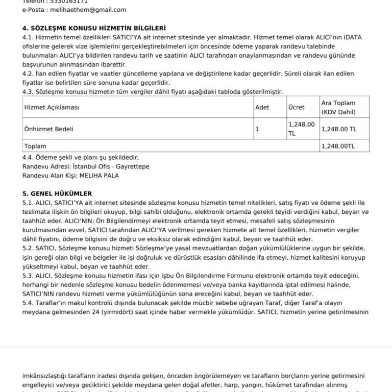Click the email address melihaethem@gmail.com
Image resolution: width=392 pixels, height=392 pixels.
pos(81,10)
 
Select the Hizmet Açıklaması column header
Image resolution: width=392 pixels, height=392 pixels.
pos(52,108)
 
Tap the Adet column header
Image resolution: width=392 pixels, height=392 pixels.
pos(262,108)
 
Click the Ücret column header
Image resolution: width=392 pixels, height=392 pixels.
pos(296,108)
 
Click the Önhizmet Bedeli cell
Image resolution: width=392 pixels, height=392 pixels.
pos(49,129)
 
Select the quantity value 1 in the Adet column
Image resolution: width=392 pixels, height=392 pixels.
pos(257,129)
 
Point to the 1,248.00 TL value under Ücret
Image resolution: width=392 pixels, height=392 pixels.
pos(301,129)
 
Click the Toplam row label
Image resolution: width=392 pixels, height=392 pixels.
pos(35,146)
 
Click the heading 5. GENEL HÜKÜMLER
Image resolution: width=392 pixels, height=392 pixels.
pos(57,193)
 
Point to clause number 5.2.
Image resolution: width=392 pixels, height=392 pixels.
pos(28,248)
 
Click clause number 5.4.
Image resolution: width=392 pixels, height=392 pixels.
pos(28,303)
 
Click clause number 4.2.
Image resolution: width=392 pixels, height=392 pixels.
pos(28,73)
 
